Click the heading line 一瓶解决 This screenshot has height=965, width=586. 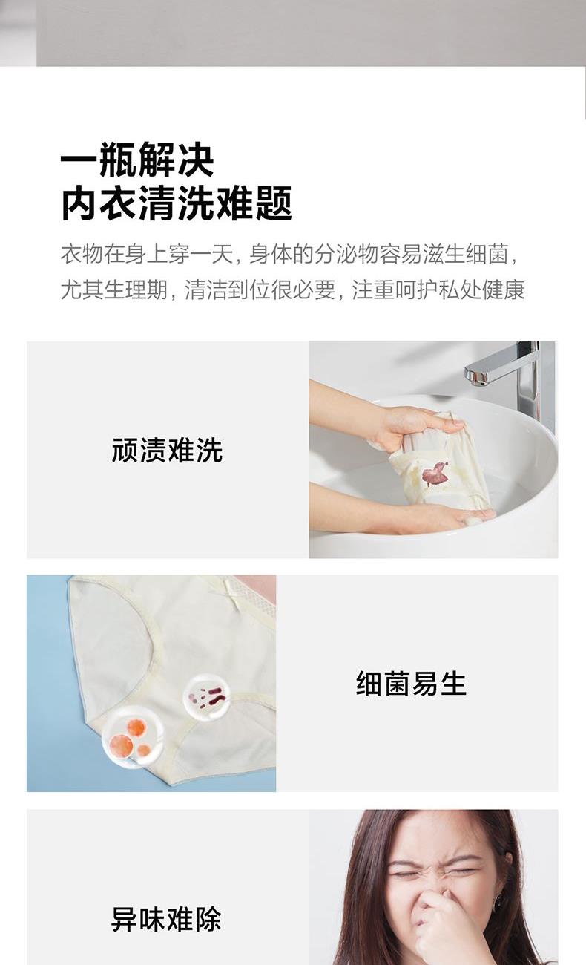[x=137, y=160]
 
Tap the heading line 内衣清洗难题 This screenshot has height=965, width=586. [x=177, y=203]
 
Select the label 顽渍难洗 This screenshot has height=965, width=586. [x=167, y=451]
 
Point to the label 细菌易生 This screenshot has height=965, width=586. [x=411, y=684]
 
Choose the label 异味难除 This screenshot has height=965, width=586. [x=167, y=919]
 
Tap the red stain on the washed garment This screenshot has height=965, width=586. [x=435, y=474]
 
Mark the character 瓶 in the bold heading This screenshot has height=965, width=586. [x=118, y=160]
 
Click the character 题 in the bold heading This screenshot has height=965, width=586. [x=274, y=203]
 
